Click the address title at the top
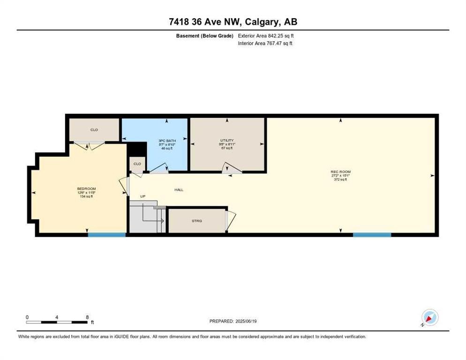pyautogui.click(x=233, y=22)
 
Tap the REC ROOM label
pyautogui.click(x=340, y=172)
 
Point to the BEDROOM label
pyautogui.click(x=86, y=189)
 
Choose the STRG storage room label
pyautogui.click(x=197, y=221)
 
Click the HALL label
pyautogui.click(x=179, y=190)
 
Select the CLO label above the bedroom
pyautogui.click(x=94, y=129)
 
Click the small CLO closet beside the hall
pyautogui.click(x=137, y=164)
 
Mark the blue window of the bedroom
pyautogui.click(x=107, y=234)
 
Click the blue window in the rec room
pyautogui.click(x=372, y=234)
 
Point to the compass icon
pyautogui.click(x=429, y=318)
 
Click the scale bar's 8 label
pyautogui.click(x=87, y=317)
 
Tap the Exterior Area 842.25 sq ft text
pyautogui.click(x=266, y=36)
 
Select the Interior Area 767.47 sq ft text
pyautogui.click(x=266, y=44)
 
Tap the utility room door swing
pyautogui.click(x=232, y=169)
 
